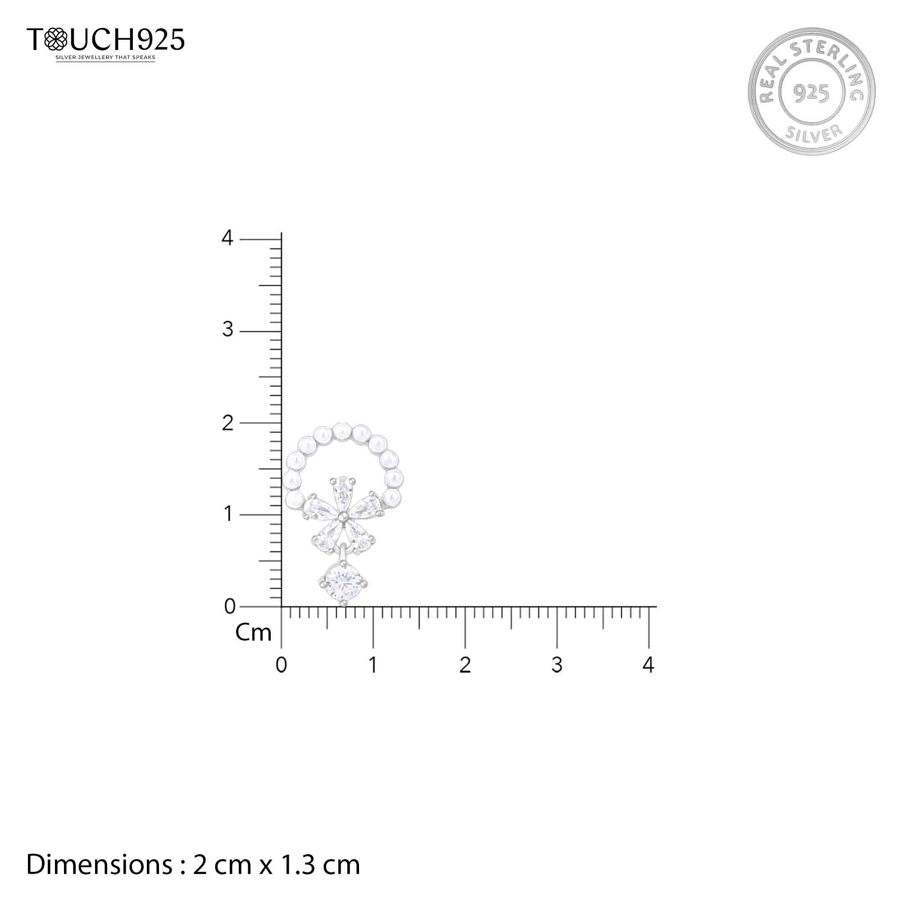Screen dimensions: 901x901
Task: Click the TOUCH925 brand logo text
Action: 106,39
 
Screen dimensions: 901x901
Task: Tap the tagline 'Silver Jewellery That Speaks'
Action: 105,58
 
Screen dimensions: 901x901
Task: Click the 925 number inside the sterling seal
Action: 811,93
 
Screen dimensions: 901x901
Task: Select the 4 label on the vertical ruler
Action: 227,238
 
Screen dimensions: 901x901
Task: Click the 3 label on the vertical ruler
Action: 228,330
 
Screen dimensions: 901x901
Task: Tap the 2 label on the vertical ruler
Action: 227,423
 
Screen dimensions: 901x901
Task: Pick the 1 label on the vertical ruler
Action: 228,514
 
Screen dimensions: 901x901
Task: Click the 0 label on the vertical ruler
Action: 229,606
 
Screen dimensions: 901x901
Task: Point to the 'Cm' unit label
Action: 253,633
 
